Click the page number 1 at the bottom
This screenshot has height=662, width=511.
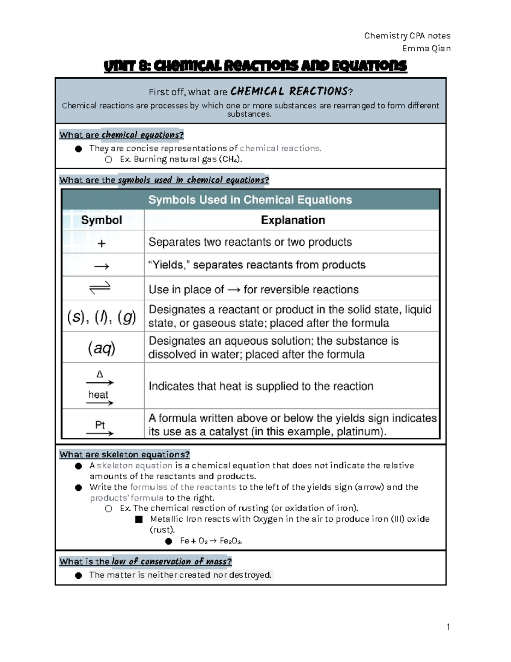(x=448, y=627)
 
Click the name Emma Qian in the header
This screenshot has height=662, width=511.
(x=426, y=48)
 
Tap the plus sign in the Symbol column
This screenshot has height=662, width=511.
(x=101, y=243)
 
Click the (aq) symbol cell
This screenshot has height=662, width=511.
(x=101, y=348)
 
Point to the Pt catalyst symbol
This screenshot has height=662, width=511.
(x=100, y=425)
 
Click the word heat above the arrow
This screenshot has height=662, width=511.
(x=98, y=395)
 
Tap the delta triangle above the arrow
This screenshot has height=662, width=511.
(x=100, y=374)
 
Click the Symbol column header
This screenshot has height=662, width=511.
(x=101, y=220)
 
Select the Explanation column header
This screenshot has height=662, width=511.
(x=293, y=220)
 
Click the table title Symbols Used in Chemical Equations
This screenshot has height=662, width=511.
(x=250, y=200)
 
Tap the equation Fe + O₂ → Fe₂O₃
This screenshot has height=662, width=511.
(x=211, y=541)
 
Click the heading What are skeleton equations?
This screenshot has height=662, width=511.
(x=124, y=454)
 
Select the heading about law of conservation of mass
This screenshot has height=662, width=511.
(x=145, y=561)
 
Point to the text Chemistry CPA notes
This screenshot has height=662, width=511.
(x=407, y=36)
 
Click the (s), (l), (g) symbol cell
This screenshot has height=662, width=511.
(x=101, y=317)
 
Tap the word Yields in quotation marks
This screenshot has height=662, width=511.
(x=169, y=265)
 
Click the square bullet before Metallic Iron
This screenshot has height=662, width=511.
(x=139, y=519)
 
